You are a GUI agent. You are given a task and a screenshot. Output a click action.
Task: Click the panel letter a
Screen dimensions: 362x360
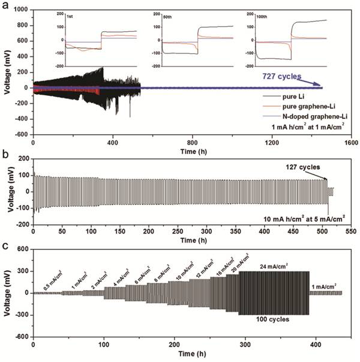(x=4, y=5)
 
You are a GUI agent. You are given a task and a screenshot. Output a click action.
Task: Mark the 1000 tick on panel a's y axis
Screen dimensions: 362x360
(x=23, y=10)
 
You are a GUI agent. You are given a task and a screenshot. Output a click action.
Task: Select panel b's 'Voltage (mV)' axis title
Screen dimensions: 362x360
(x=5, y=192)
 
